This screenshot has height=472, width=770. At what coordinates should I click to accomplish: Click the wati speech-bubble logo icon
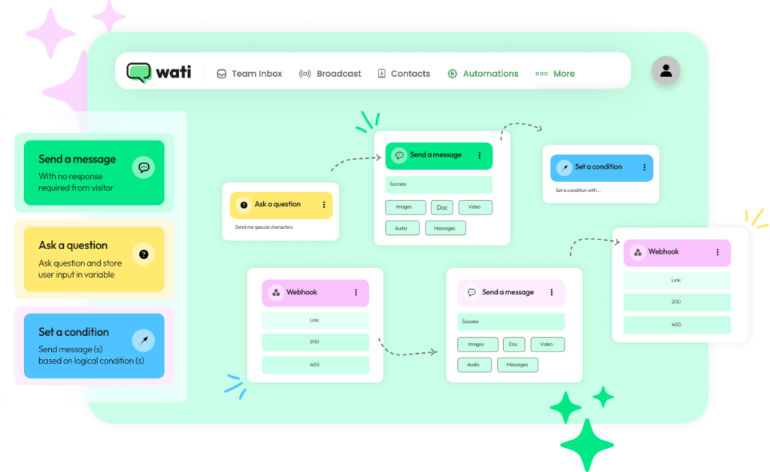pyautogui.click(x=139, y=72)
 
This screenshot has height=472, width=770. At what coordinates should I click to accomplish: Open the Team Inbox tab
pyautogui.click(x=250, y=74)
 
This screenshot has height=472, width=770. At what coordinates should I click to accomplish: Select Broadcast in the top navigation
pyautogui.click(x=330, y=74)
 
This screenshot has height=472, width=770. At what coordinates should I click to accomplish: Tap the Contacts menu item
pyautogui.click(x=404, y=74)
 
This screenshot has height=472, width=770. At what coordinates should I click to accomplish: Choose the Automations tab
pyautogui.click(x=483, y=74)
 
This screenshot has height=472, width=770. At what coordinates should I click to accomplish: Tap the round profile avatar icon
pyautogui.click(x=665, y=71)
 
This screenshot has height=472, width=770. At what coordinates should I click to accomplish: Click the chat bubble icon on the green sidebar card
pyautogui.click(x=143, y=167)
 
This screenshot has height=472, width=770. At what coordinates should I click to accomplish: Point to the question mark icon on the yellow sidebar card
pyautogui.click(x=143, y=254)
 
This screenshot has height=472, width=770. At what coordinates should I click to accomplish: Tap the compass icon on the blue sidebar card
pyautogui.click(x=143, y=340)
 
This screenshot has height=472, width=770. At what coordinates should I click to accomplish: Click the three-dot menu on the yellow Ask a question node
pyautogui.click(x=324, y=205)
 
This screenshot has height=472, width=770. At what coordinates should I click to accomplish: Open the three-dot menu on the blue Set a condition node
pyautogui.click(x=644, y=167)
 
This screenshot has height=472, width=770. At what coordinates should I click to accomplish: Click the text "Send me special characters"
pyautogui.click(x=264, y=227)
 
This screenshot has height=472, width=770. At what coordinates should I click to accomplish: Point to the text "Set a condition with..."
pyautogui.click(x=578, y=190)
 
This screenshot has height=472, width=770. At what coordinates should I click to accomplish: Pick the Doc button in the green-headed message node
pyautogui.click(x=442, y=208)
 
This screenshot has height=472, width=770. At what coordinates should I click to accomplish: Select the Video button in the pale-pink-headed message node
pyautogui.click(x=547, y=344)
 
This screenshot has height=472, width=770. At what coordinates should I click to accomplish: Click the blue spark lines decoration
pyautogui.click(x=235, y=385)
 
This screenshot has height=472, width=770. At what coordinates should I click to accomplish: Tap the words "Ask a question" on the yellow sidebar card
pyautogui.click(x=73, y=245)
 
